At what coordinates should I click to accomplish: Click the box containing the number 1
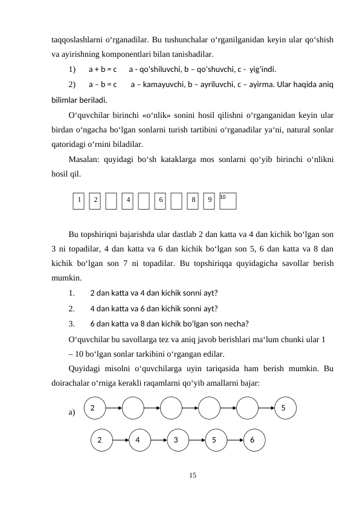pyautogui.click(x=79, y=200)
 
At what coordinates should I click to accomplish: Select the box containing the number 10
pyautogui.click(x=228, y=200)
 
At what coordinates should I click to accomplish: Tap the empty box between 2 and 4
pyautogui.click(x=111, y=200)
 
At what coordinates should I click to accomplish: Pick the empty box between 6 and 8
pyautogui.click(x=176, y=200)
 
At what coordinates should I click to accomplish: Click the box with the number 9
pyautogui.click(x=208, y=200)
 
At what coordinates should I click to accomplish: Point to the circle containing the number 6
pyautogui.click(x=254, y=440)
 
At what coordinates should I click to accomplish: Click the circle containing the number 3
pyautogui.click(x=176, y=440)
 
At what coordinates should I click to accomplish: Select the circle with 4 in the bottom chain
pyautogui.click(x=138, y=440)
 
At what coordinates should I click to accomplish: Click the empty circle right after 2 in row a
pyautogui.click(x=132, y=407)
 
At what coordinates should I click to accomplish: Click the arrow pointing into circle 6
pyautogui.click(x=234, y=440)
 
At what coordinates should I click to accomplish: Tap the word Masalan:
pyautogui.click(x=85, y=160)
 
